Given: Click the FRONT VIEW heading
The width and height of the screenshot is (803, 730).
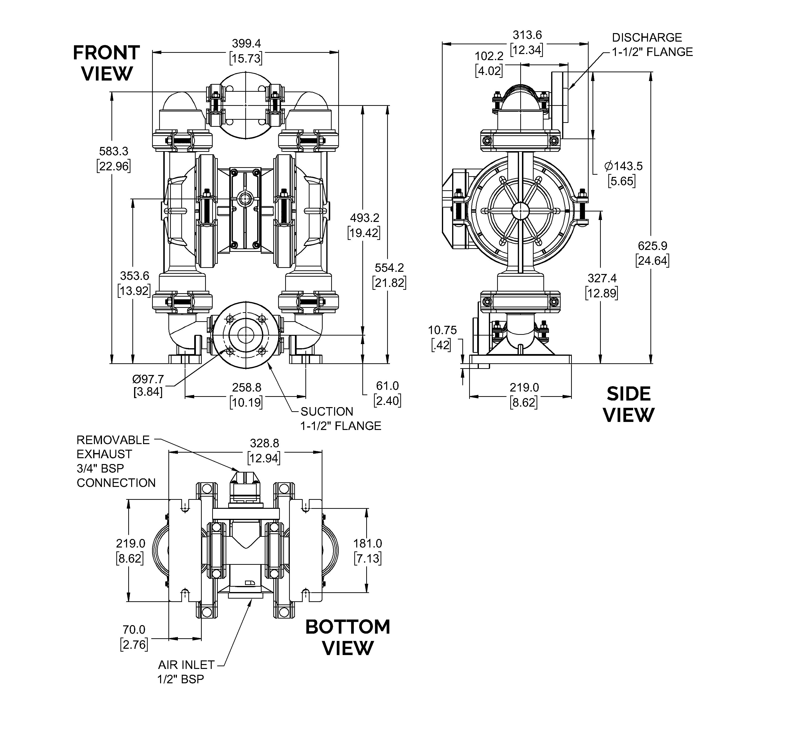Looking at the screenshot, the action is click(x=106, y=63).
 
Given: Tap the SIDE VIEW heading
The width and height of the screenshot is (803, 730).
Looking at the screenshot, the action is click(x=629, y=405).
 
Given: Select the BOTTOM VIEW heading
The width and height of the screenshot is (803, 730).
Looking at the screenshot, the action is click(x=348, y=638).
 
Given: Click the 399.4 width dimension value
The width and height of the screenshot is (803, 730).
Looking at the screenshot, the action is click(x=246, y=43).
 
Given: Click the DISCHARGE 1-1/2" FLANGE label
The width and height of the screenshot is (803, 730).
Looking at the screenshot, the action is click(x=652, y=45).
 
